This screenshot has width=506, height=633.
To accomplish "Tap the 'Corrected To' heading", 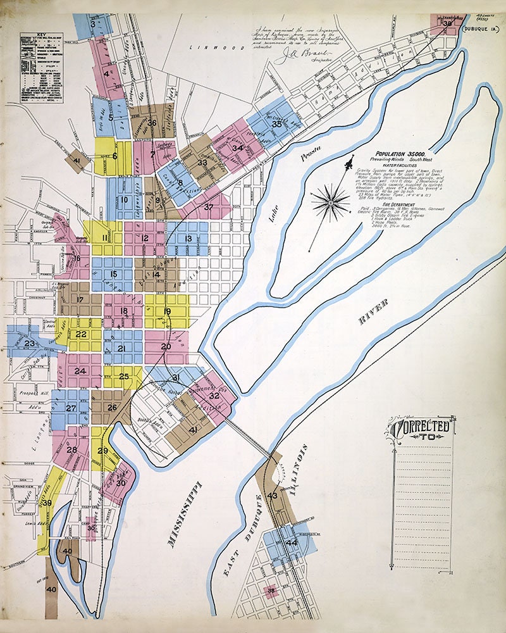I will (422, 429).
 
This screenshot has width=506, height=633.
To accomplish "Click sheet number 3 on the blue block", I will (93, 25).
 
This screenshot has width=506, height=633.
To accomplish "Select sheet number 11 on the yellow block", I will (104, 238).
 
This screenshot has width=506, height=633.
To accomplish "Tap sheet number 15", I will (113, 274).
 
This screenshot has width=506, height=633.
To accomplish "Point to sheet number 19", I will (167, 311).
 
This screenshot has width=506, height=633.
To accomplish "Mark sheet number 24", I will (80, 371).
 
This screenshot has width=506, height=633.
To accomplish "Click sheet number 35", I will (276, 125).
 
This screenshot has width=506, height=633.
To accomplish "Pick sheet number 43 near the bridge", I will (273, 496).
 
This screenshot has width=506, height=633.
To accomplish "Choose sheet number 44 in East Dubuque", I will (292, 542).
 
